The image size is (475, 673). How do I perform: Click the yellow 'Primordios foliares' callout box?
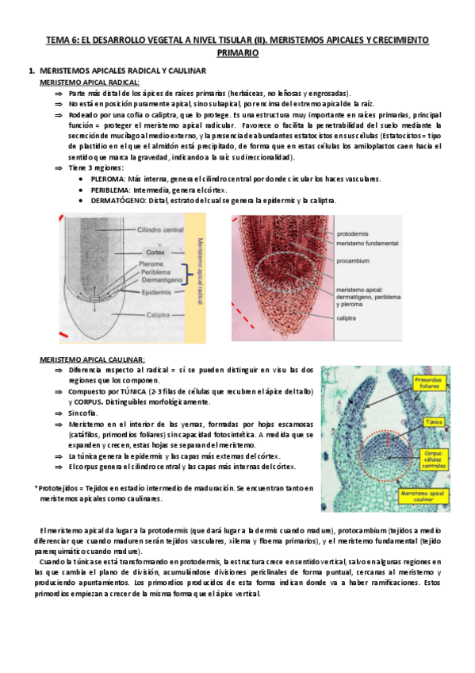tap(429, 383)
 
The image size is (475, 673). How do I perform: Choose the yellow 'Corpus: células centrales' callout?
tap(434, 460)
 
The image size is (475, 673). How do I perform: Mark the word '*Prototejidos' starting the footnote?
tap(57, 487)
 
